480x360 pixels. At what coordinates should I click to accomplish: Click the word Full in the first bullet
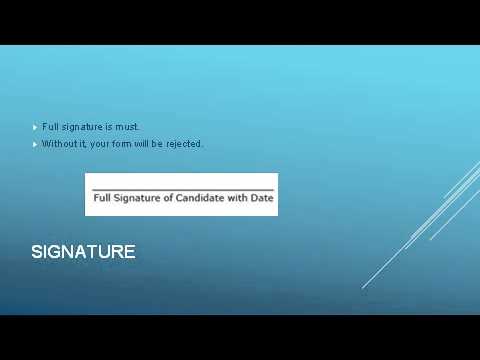[x=50, y=127]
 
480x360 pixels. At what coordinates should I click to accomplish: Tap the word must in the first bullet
[x=128, y=127]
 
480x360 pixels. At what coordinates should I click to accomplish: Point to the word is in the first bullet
[x=108, y=127]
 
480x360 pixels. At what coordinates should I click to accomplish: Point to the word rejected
[x=185, y=144]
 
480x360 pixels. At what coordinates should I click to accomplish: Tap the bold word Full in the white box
[x=101, y=198]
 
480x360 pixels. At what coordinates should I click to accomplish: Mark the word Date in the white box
[x=263, y=198]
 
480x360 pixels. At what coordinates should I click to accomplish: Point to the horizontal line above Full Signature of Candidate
[x=181, y=189]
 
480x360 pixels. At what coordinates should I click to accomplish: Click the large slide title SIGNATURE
[x=83, y=252]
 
